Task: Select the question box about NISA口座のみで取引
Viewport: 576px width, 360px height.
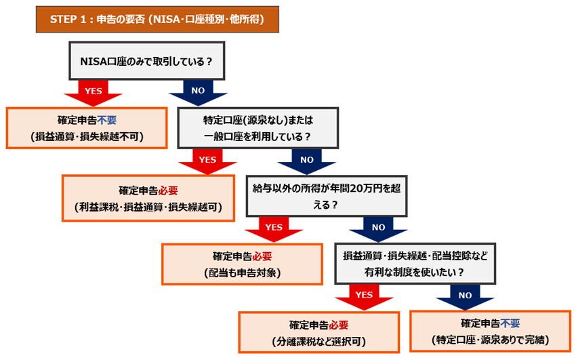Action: click(147, 61)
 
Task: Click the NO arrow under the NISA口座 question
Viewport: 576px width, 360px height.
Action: click(197, 93)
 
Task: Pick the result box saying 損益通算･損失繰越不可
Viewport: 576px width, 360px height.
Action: click(86, 127)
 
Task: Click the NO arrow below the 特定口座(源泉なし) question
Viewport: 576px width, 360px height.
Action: click(306, 161)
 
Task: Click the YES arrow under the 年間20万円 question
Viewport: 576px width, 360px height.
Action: click(273, 229)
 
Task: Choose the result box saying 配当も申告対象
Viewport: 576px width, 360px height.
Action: click(242, 264)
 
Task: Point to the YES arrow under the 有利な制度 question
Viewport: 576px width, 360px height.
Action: click(364, 296)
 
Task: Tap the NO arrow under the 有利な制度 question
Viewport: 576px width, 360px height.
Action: click(465, 297)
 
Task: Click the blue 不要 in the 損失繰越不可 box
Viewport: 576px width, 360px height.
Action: click(108, 119)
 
